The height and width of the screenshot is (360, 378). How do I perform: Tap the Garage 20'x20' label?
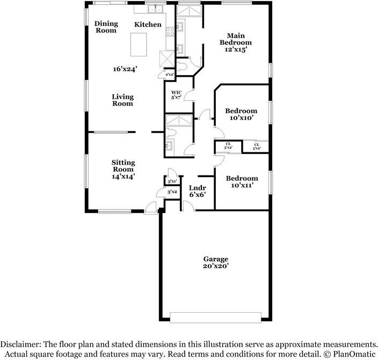[x=215, y=262]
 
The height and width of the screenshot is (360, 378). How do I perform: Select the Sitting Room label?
[x=123, y=168]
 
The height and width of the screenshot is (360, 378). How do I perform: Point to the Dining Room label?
[x=106, y=27]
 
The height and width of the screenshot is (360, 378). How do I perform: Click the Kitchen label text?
[x=148, y=24]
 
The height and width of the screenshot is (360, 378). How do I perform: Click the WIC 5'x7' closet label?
[x=176, y=95]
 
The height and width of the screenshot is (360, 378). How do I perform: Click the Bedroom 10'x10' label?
[x=241, y=114]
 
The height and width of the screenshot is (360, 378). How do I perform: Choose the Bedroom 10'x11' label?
[x=241, y=182]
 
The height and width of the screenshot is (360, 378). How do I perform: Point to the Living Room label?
[x=122, y=100]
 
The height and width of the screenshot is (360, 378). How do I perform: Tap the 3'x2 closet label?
[x=172, y=192]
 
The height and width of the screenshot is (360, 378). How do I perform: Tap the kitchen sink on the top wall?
[x=155, y=9]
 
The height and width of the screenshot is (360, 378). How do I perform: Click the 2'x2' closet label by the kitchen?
[x=170, y=75]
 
